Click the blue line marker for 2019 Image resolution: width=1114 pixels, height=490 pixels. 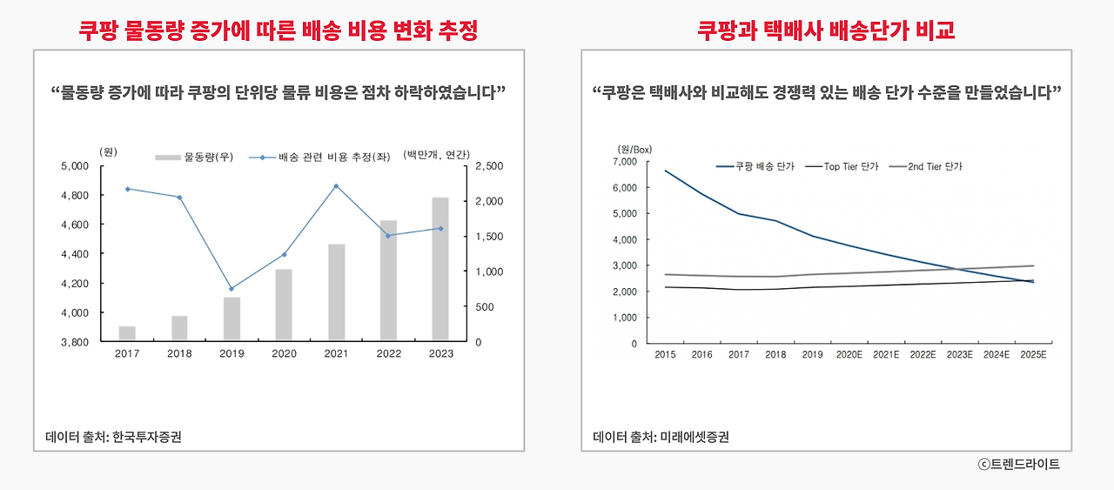(232, 288)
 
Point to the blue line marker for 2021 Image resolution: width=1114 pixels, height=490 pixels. (336, 186)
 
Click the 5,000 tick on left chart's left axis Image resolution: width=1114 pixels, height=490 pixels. (77, 166)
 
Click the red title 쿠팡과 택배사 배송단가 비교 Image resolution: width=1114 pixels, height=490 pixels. (826, 30)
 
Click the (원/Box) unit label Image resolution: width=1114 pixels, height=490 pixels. (634, 149)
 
